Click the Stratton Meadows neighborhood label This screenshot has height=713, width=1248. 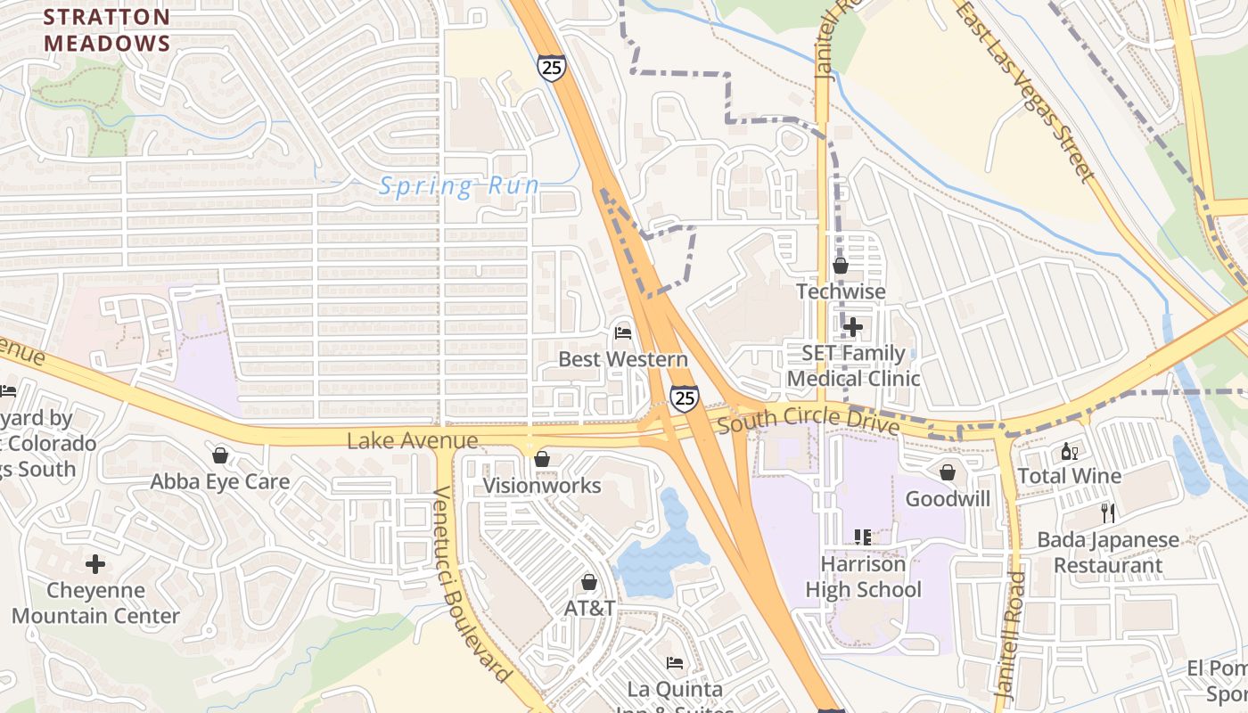click(x=107, y=29)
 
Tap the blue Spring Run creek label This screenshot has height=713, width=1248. click(x=459, y=186)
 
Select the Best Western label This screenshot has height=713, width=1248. click(x=623, y=359)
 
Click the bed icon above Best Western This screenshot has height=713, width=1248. click(x=623, y=333)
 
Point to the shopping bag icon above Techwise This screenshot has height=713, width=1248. click(x=840, y=266)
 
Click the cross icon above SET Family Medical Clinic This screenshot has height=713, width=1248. click(x=852, y=327)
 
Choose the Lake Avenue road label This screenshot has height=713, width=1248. click(x=412, y=440)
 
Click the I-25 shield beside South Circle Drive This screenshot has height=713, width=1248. click(x=684, y=397)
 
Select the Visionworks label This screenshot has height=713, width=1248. click(x=542, y=486)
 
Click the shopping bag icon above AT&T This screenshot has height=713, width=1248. click(x=588, y=583)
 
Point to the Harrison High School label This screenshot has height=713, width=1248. click(x=863, y=577)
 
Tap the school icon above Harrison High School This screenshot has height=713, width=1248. click(x=862, y=537)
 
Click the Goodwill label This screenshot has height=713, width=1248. click(x=948, y=498)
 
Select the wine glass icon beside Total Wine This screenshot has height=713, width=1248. click(x=1069, y=451)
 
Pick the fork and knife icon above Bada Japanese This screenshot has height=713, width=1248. click(x=1107, y=513)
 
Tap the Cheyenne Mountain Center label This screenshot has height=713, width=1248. click(x=95, y=603)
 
